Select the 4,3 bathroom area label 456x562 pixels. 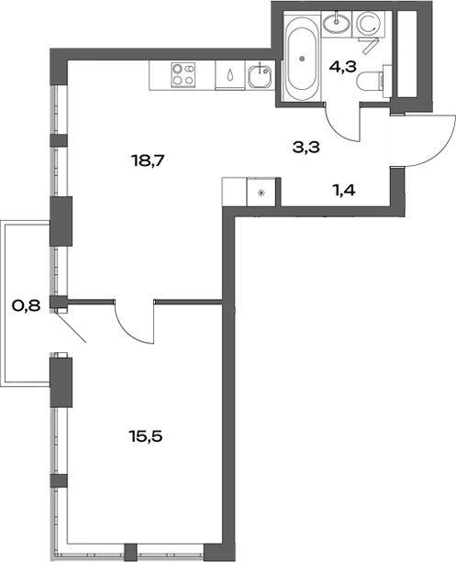pyautogui.click(x=342, y=65)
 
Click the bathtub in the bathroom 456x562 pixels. pyautogui.click(x=302, y=60)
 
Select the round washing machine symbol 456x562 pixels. pyautogui.click(x=372, y=22)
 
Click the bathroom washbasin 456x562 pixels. pyautogui.click(x=338, y=20)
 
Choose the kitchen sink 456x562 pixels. pyautogui.click(x=261, y=72)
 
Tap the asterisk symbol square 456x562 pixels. pyautogui.click(x=263, y=193)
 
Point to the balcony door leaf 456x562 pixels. pyautogui.click(x=71, y=326)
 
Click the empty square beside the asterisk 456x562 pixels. pyautogui.click(x=236, y=192)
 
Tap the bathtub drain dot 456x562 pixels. pyautogui.click(x=302, y=59)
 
